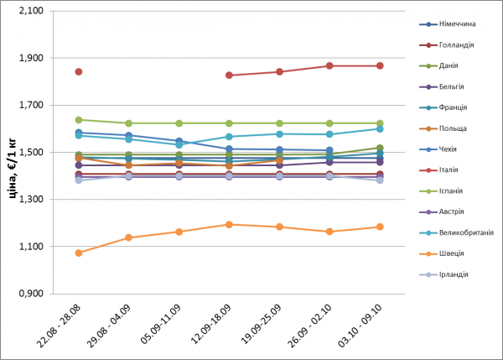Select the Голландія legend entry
click(x=453, y=44)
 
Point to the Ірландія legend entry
click(x=451, y=274)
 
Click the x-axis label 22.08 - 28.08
click(x=68, y=327)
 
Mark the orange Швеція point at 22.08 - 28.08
click(x=79, y=253)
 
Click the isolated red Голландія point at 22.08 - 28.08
click(x=79, y=72)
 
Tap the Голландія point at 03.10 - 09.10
click(x=380, y=65)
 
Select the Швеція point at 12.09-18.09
click(x=229, y=224)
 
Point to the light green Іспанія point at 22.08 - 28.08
click(x=79, y=120)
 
